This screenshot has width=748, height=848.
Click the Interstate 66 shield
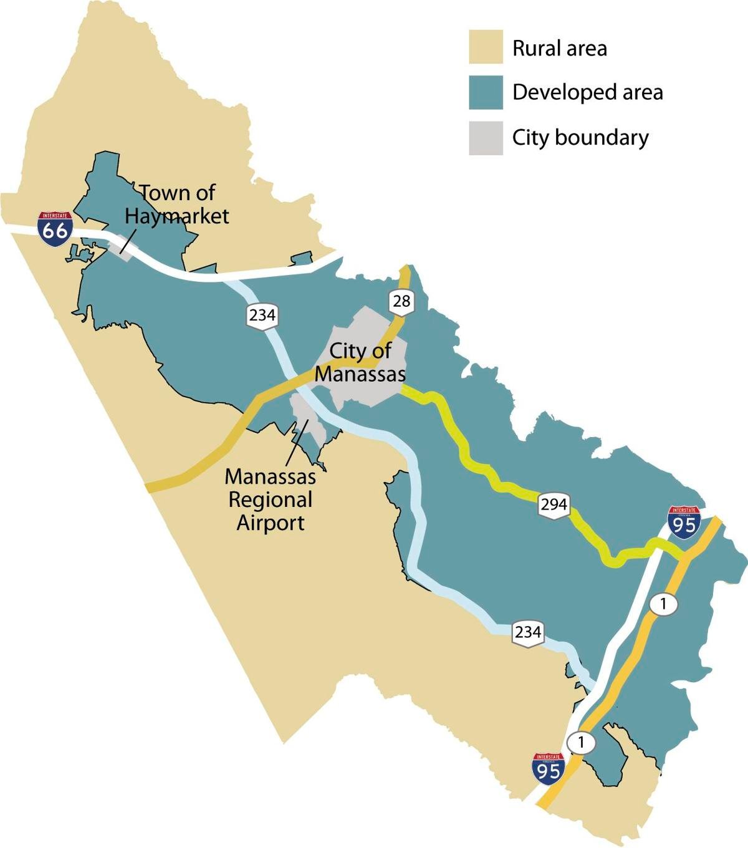point(54,228)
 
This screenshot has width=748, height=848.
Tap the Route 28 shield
point(402,302)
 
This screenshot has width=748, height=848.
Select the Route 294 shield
point(554,504)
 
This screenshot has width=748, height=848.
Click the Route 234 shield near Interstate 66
point(262,315)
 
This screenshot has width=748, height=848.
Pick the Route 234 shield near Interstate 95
point(527,632)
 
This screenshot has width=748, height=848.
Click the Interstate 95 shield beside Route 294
point(683,522)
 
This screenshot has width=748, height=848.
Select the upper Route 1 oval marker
point(663,604)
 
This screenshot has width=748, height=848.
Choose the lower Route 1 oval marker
point(582,743)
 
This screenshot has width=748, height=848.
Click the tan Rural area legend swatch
point(486,48)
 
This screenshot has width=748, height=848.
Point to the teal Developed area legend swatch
point(486,93)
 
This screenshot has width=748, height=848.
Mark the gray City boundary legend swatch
point(486,138)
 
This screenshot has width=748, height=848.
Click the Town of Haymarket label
point(177,204)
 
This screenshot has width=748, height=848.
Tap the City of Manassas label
point(360,362)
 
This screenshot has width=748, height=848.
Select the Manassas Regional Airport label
point(271,499)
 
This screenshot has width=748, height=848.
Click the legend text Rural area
point(559,49)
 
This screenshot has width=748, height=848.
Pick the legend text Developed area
point(587,93)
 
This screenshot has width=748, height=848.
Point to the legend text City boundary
point(580,137)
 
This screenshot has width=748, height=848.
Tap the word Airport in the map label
point(271,522)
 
